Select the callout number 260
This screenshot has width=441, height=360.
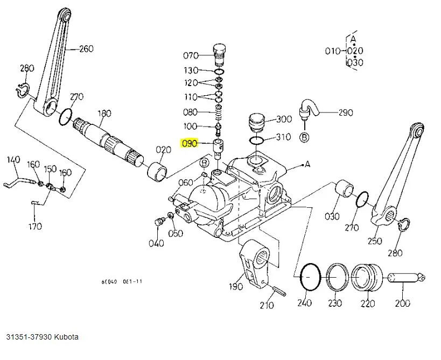86,49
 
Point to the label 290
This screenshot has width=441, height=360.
345,112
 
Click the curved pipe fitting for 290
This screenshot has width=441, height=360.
311,108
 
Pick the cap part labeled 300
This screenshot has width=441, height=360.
255,123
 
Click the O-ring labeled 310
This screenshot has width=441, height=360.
257,141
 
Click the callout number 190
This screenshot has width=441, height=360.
236,286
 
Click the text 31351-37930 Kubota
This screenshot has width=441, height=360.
43,337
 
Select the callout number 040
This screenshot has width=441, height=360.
156,243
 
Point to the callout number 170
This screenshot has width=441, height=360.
35,226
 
